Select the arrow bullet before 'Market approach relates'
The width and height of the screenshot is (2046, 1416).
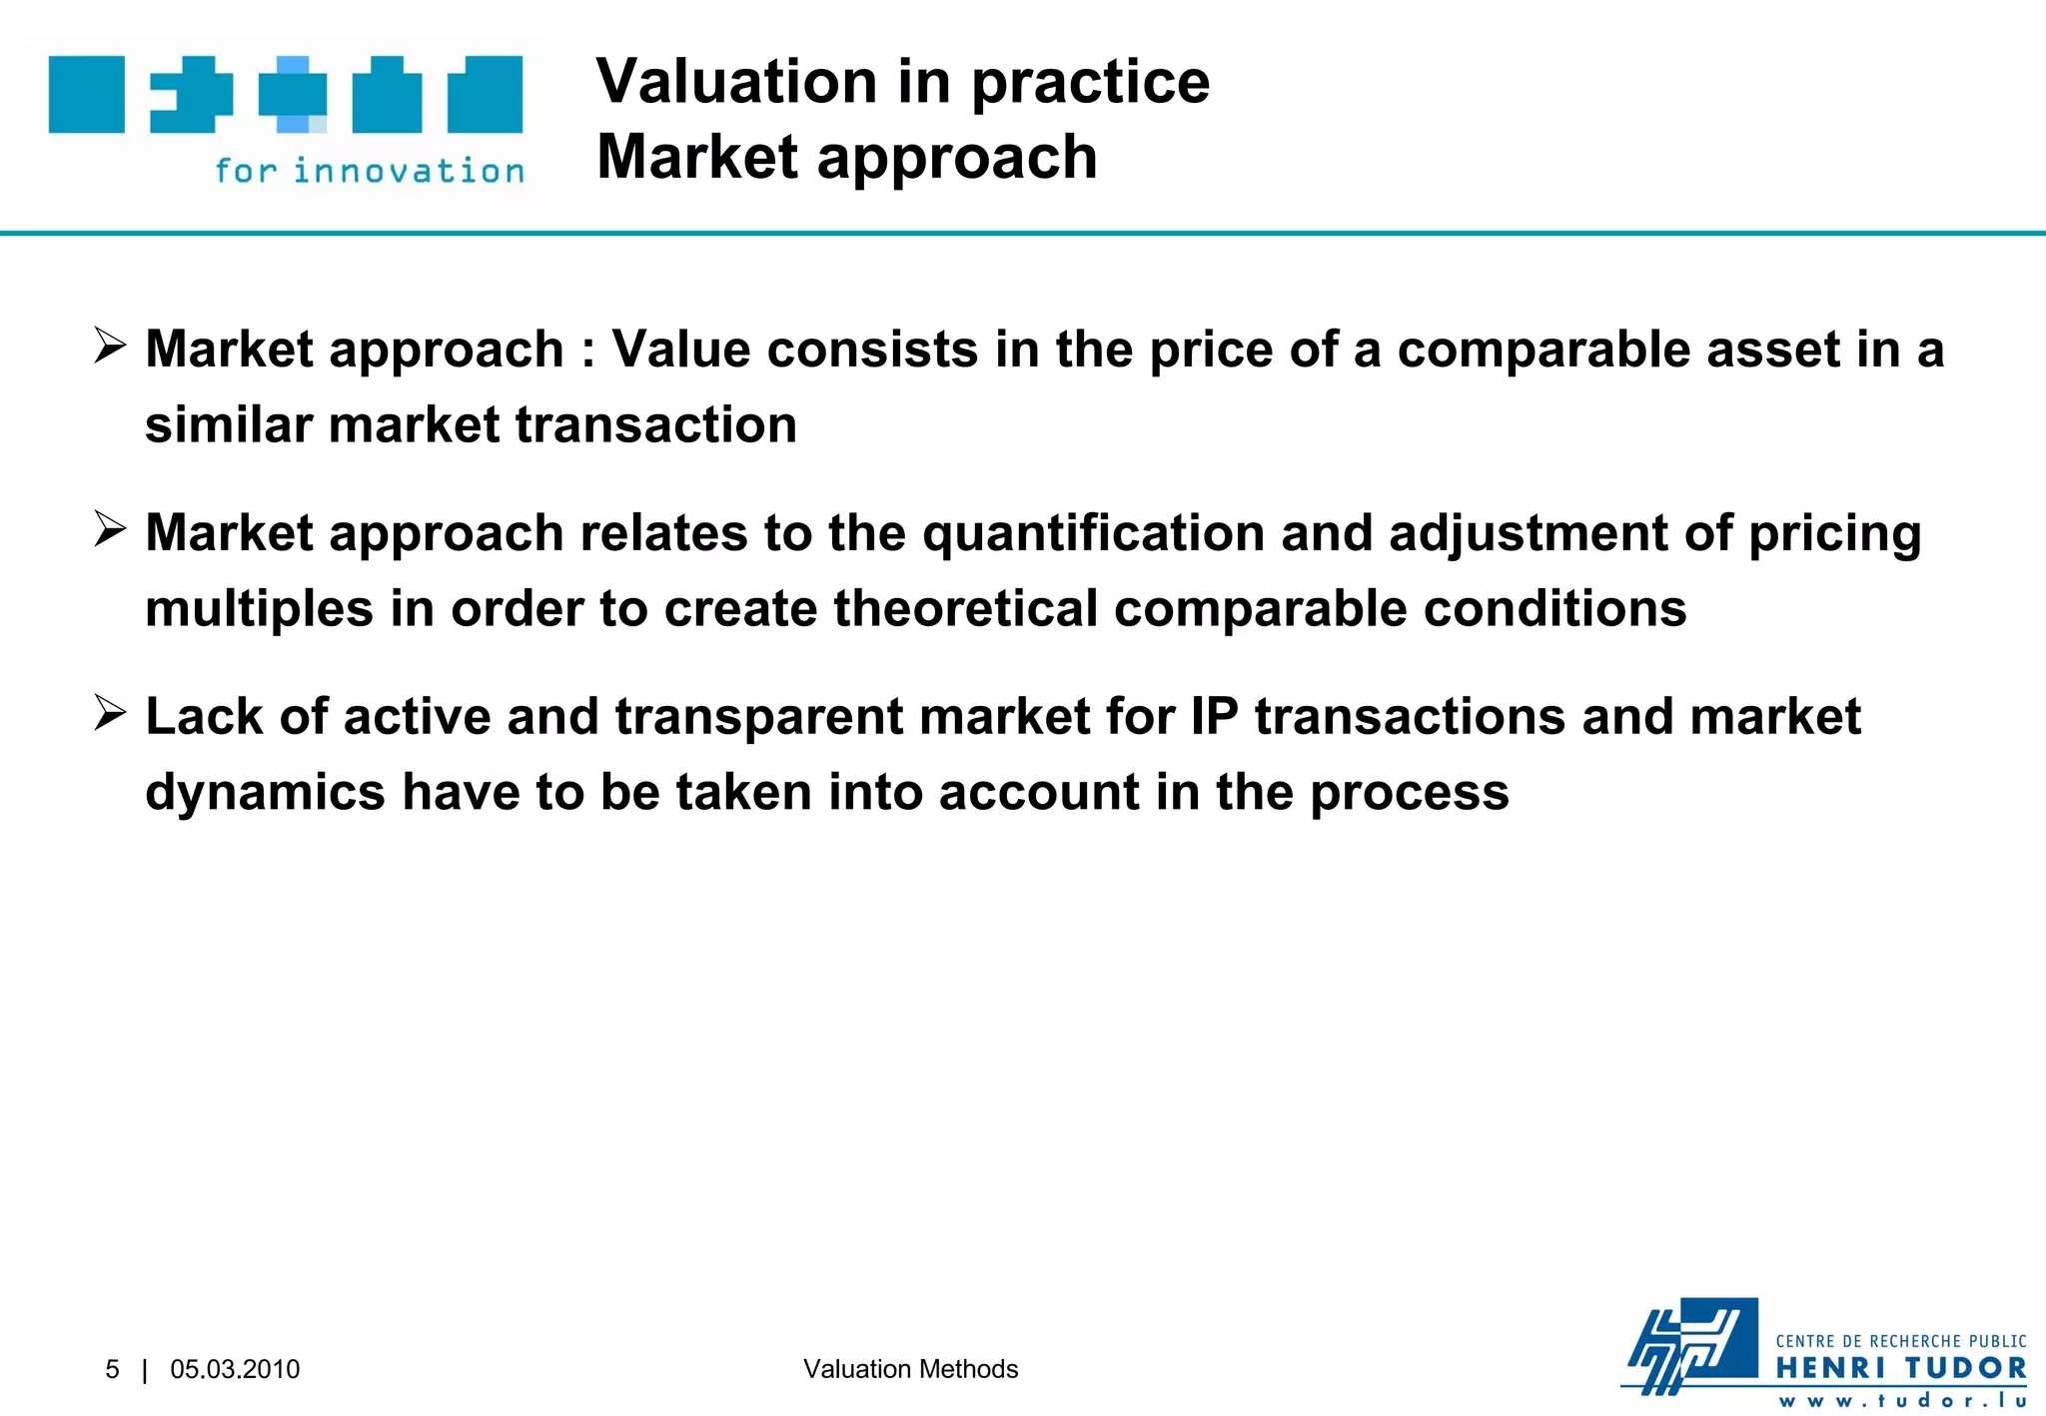[110, 529]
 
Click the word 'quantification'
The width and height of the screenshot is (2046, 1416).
[1093, 533]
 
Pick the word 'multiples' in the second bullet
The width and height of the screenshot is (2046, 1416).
[259, 609]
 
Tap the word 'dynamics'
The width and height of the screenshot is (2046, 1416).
[265, 793]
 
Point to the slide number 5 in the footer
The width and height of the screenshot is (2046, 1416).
[112, 1369]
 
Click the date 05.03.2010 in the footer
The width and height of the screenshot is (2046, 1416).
[235, 1369]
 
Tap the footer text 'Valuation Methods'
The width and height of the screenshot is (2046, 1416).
[910, 1369]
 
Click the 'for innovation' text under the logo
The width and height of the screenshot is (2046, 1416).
[370, 171]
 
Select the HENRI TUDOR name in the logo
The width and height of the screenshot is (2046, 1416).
[1900, 1368]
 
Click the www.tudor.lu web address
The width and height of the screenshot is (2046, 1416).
[1900, 1400]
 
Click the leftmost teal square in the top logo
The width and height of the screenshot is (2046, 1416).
[87, 95]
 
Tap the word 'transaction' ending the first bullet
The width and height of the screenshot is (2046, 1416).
[656, 425]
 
